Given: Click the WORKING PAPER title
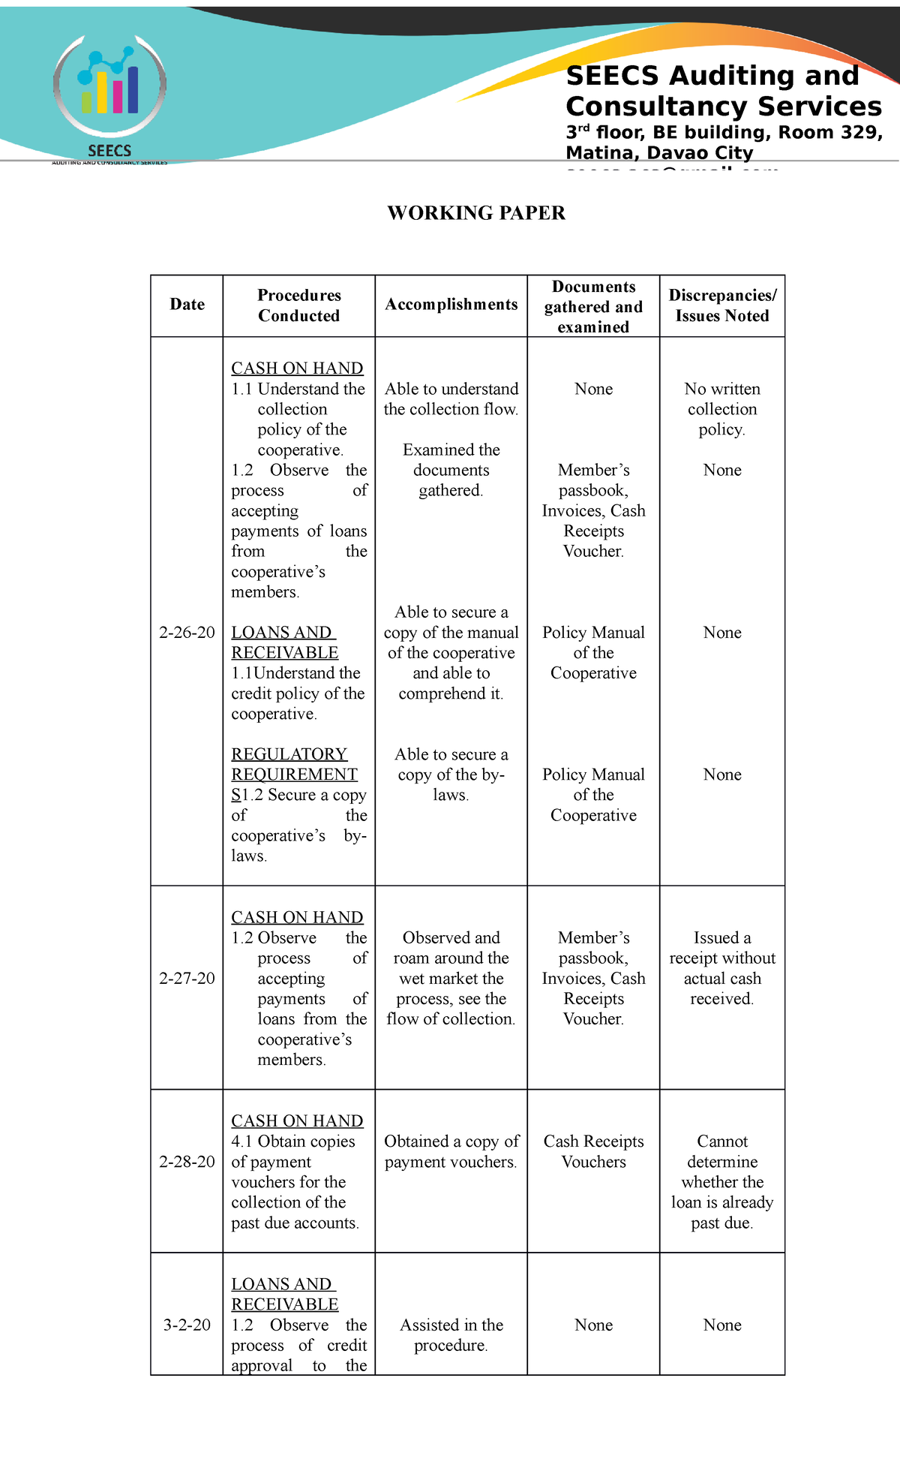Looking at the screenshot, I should (476, 213).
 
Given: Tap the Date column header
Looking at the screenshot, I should (187, 305).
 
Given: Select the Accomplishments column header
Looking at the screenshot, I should (451, 305).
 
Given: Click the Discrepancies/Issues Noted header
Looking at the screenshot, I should (722, 305).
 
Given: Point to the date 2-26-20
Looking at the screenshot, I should (187, 633).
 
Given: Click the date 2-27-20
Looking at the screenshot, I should (187, 979).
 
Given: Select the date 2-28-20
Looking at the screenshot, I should (187, 1162).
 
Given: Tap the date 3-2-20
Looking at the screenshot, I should (187, 1325).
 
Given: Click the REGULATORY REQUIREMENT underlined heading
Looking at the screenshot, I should (294, 764).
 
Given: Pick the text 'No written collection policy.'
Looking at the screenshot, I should (722, 409).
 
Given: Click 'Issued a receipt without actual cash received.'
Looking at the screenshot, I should (722, 968).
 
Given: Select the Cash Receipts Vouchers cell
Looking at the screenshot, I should (593, 1151).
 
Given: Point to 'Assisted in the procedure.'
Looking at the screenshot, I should (451, 1335).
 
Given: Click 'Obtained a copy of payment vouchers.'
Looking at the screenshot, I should (451, 1151).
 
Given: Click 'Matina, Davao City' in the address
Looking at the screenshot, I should (659, 153).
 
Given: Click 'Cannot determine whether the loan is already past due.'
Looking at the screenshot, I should (722, 1182).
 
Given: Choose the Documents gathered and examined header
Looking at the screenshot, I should (593, 307).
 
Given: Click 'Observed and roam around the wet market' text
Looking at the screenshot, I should (451, 968).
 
